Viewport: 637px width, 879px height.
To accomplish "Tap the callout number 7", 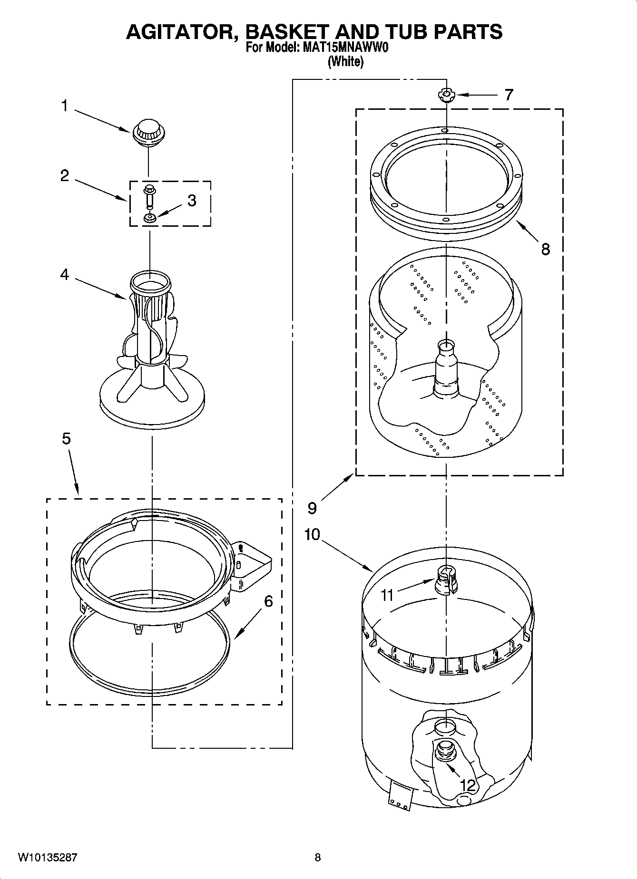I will (x=509, y=95).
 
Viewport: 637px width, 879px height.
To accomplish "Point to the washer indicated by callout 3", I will (x=150, y=218).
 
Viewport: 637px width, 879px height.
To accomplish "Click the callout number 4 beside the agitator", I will (x=64, y=274).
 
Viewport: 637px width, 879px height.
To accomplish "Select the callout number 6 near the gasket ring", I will (x=268, y=601).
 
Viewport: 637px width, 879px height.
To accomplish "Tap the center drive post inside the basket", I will (x=446, y=368).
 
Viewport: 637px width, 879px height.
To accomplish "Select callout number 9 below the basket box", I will (x=312, y=508).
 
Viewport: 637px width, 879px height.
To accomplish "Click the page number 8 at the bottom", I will (x=318, y=858).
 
